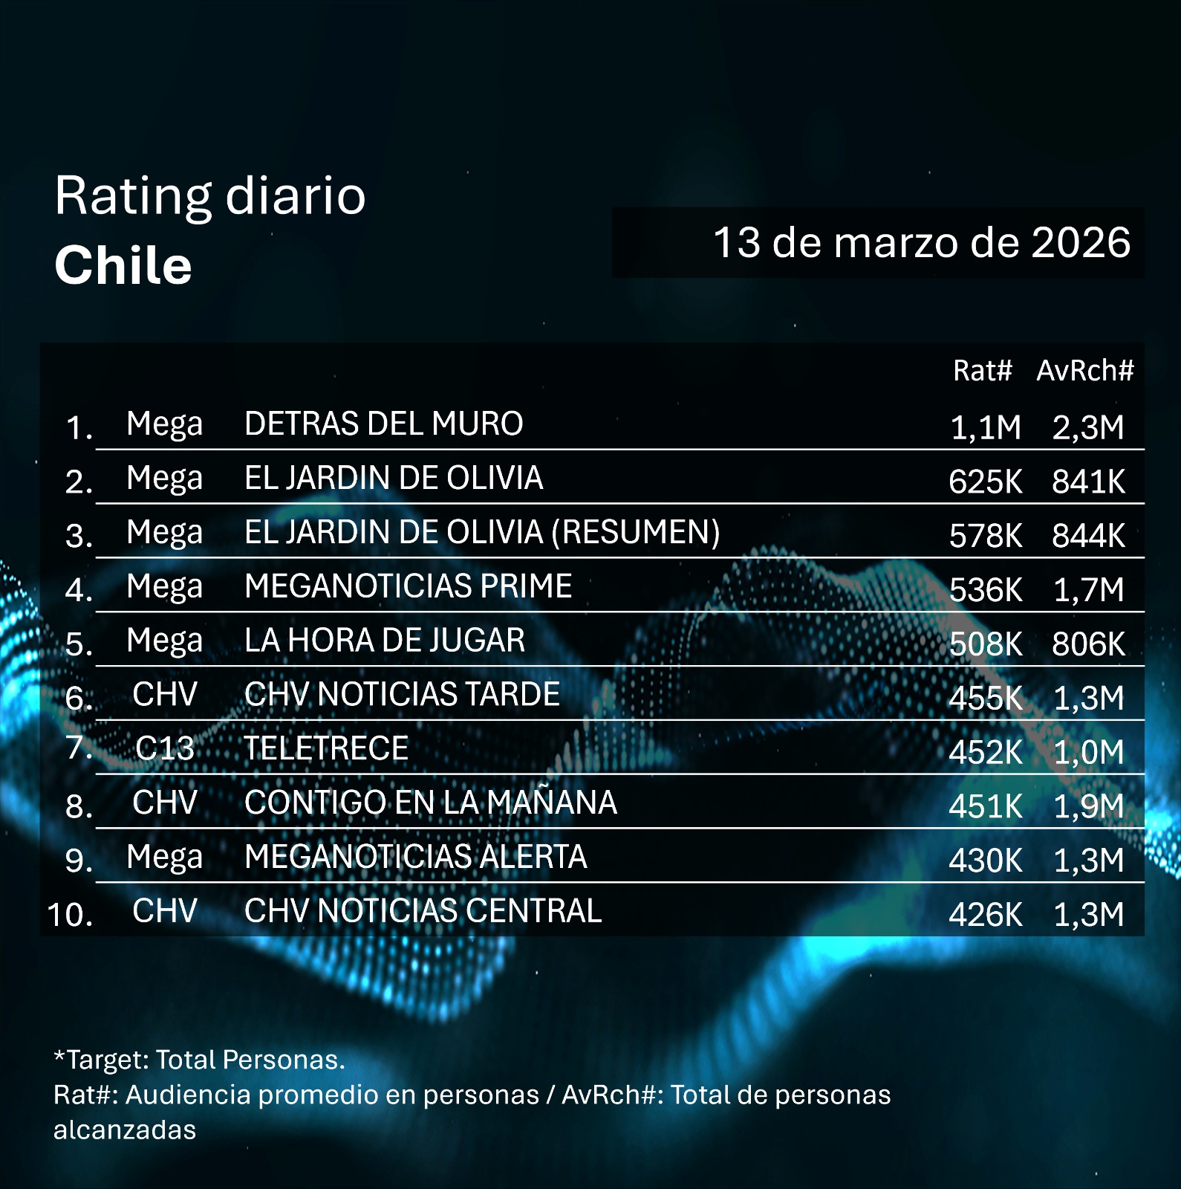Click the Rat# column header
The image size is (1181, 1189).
[x=982, y=370]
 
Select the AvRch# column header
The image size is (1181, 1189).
[x=1084, y=370]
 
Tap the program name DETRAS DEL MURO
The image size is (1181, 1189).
[x=383, y=424]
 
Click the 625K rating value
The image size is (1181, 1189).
[x=985, y=482]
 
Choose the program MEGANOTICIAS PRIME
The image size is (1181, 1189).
[x=408, y=586]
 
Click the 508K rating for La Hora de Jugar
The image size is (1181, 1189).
[x=985, y=644]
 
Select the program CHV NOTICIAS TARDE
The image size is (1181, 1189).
[x=402, y=695]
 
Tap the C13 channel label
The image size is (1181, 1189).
[x=164, y=748]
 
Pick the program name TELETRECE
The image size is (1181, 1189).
[x=326, y=748]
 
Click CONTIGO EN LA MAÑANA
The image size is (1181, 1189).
[x=430, y=803]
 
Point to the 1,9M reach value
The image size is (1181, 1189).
[x=1088, y=806]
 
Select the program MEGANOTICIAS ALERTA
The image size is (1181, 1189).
[x=415, y=857]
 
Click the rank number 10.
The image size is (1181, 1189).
[x=70, y=914]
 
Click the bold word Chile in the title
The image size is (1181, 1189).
[x=123, y=265]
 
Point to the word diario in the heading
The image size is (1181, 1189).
[x=295, y=196]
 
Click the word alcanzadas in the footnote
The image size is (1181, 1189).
[x=125, y=1130]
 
